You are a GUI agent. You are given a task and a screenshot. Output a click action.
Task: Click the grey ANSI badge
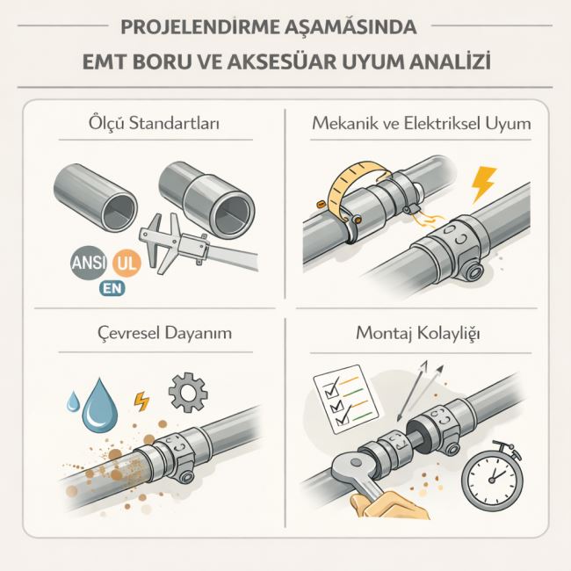89,263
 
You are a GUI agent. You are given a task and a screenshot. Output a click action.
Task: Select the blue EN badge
112,288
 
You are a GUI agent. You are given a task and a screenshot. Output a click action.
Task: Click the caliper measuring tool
193,245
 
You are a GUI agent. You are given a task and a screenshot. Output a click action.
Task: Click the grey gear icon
188,392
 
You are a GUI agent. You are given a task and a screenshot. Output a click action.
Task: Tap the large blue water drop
100,405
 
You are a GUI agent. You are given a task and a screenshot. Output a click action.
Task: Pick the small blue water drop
73,401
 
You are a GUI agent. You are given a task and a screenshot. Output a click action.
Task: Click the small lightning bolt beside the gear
141,401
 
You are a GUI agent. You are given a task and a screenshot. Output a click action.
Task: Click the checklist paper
348,399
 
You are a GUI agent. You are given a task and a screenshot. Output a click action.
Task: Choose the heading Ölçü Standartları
154,123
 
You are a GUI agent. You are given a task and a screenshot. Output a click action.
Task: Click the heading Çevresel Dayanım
164,333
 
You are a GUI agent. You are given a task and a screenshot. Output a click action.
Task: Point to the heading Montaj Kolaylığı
417,333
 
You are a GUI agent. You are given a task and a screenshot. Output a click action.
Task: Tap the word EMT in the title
103,61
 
